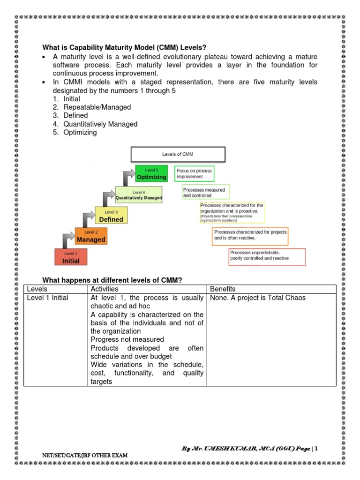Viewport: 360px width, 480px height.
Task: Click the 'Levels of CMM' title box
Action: pos(178,154)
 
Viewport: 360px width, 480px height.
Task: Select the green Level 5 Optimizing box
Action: pos(151,173)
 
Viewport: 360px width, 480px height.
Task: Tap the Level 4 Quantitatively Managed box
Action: pos(139,195)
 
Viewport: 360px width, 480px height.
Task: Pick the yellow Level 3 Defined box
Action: pos(111,216)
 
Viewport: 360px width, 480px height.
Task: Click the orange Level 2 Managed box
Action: pos(91,236)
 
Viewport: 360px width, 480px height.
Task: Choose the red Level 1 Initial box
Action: pos(71,257)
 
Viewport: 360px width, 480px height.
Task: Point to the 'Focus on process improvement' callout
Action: pos(194,174)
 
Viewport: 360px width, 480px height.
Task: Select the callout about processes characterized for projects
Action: pos(250,235)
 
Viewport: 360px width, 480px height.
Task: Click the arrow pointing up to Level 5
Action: pos(128,178)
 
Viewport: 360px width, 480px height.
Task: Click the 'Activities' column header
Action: pos(105,289)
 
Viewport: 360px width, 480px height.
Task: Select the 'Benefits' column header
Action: pos(223,289)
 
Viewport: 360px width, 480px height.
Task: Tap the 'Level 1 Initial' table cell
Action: pos(47,298)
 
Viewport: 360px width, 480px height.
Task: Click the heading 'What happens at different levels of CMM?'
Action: pos(112,280)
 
